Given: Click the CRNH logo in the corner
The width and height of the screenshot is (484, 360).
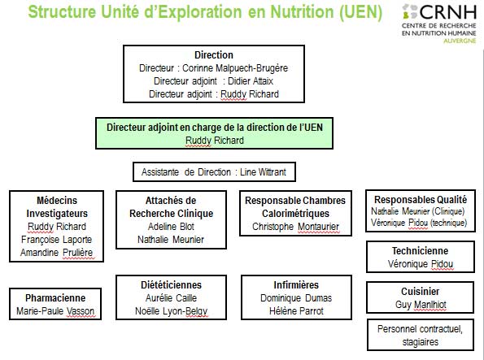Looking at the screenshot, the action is (439, 24).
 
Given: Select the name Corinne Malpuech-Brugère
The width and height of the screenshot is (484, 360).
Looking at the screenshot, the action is (235, 68).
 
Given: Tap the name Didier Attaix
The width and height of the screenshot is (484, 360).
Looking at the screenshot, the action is (251, 81).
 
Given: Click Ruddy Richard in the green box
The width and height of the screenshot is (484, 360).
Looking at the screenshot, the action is (215, 141).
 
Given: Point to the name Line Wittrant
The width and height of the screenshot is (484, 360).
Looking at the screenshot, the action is (263, 171).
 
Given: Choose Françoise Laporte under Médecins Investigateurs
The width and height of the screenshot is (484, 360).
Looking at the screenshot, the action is (56, 240).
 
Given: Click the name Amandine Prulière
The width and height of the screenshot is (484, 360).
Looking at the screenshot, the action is (56, 253).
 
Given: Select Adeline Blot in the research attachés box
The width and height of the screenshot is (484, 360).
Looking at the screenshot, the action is (171, 227).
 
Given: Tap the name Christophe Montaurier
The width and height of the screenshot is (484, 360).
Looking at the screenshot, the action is (296, 227).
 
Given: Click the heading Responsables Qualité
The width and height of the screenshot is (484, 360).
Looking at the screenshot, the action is (421, 200).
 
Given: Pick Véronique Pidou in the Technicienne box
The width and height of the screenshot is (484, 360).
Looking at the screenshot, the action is (421, 264).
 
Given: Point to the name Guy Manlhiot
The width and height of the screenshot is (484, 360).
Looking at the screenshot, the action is (421, 305).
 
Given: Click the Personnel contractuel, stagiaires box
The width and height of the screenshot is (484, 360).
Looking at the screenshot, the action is (421, 335).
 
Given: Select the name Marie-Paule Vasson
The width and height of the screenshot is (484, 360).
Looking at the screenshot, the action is (55, 311).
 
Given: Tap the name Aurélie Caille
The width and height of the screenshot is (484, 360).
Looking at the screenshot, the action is (171, 298).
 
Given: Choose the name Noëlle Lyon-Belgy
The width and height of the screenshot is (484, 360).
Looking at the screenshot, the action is (172, 311).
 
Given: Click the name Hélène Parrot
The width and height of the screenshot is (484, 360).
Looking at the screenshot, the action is (296, 311).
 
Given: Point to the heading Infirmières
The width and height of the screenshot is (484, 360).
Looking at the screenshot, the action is (296, 284).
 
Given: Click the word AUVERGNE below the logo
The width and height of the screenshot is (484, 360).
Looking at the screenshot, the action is (460, 41).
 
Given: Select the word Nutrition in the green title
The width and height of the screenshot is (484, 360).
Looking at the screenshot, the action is (302, 11).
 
